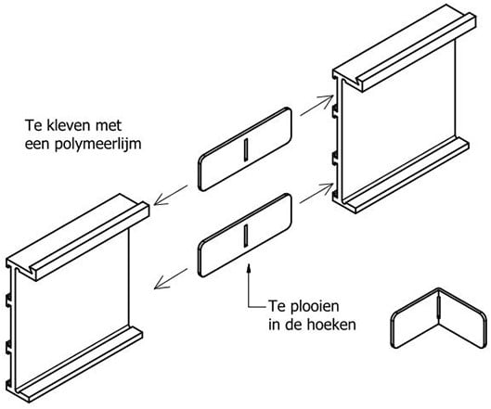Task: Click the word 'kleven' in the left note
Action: (65, 125)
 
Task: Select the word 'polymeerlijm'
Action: (98, 145)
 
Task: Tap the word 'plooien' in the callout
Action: (315, 307)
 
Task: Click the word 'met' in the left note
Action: (109, 126)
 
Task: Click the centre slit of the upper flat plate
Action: (246, 150)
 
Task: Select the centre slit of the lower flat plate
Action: (246, 235)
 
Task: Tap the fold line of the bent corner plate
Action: (439, 307)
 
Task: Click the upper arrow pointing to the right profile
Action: (317, 106)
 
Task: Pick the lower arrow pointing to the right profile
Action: (316, 194)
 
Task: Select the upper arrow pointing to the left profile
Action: (171, 196)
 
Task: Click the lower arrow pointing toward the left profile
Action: (171, 278)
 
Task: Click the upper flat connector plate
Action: (245, 149)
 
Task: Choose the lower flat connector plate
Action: (245, 235)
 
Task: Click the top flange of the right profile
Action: (404, 47)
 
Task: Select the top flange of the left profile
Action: (78, 236)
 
